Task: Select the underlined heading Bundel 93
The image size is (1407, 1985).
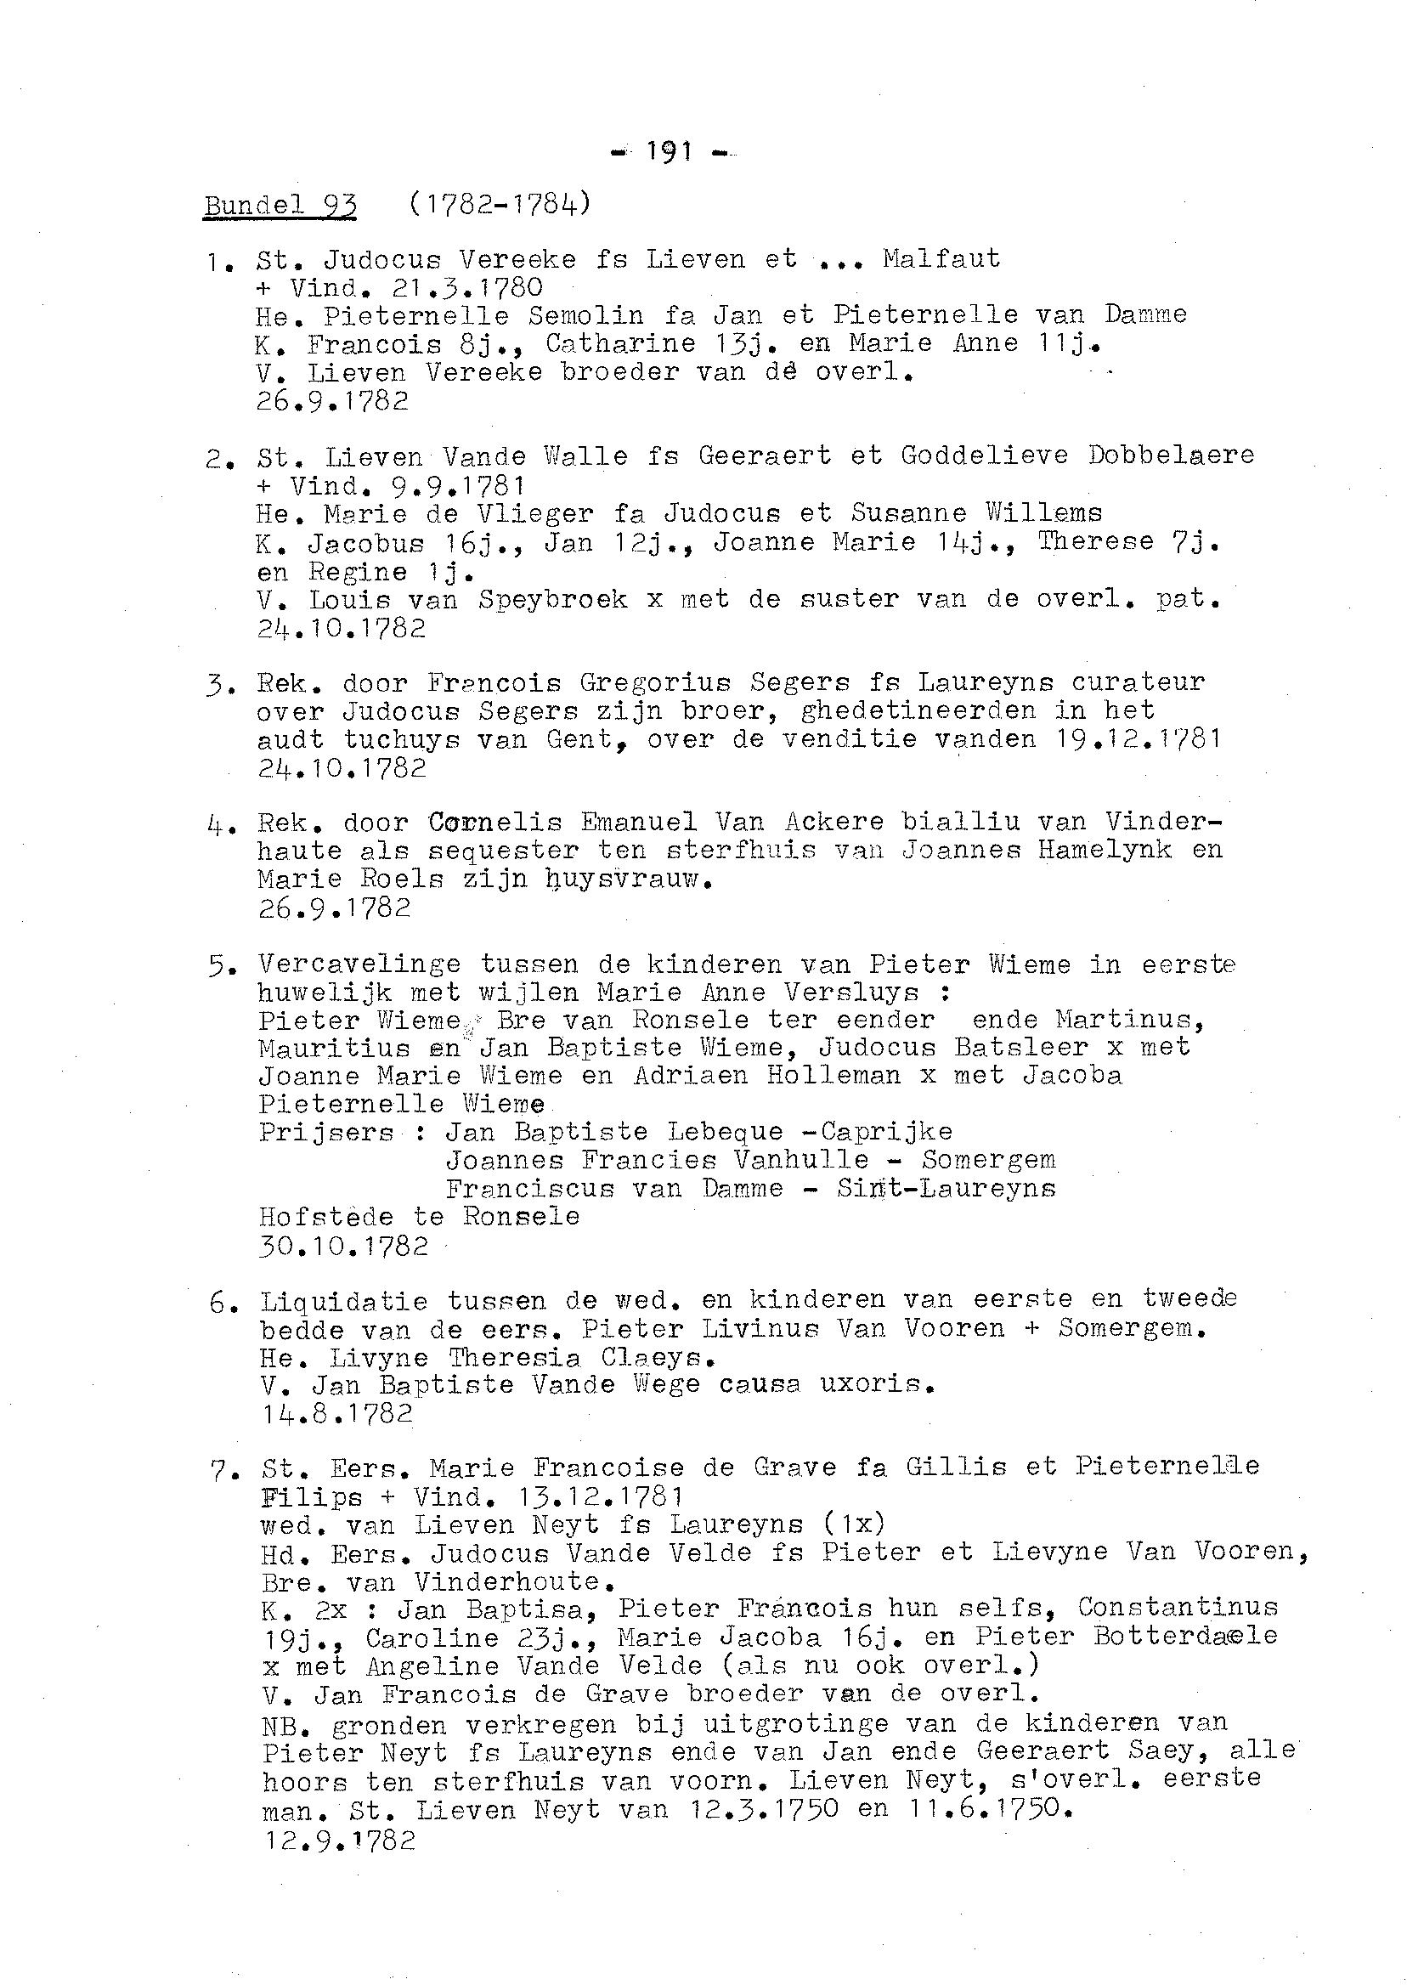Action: click(280, 206)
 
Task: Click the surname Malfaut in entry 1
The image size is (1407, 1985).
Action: click(941, 259)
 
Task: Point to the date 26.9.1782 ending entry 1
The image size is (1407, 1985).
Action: click(332, 401)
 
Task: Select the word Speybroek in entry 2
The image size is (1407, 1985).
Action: click(553, 600)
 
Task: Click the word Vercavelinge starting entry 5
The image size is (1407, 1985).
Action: click(351, 964)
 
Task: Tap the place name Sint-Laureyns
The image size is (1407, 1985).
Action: click(946, 1188)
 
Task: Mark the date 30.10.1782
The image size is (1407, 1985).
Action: click(343, 1246)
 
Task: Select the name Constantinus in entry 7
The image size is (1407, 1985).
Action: click(1178, 1607)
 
